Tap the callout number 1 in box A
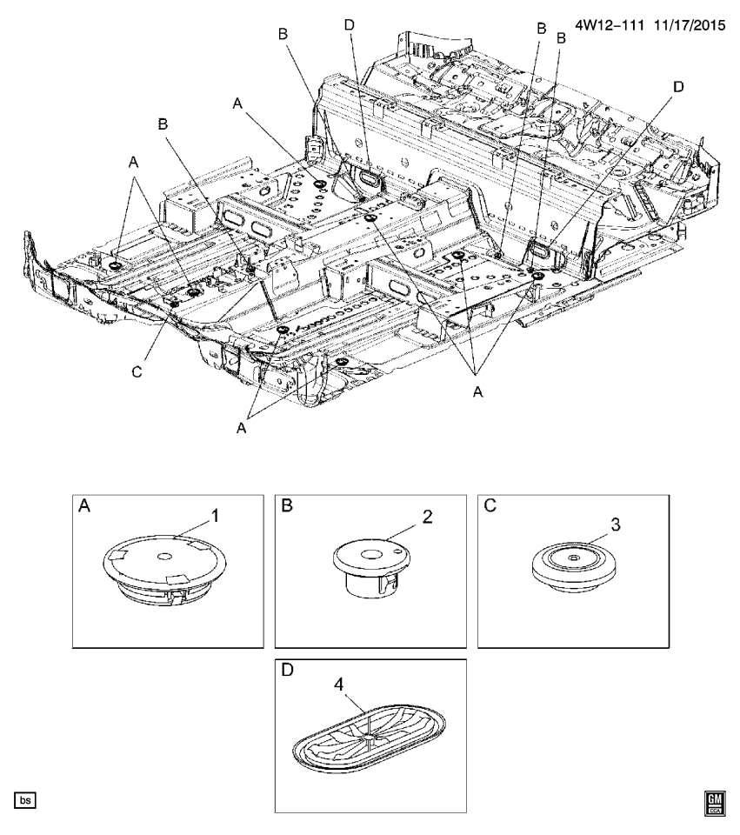(x=216, y=516)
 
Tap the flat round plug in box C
(x=576, y=569)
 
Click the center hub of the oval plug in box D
(x=370, y=738)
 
